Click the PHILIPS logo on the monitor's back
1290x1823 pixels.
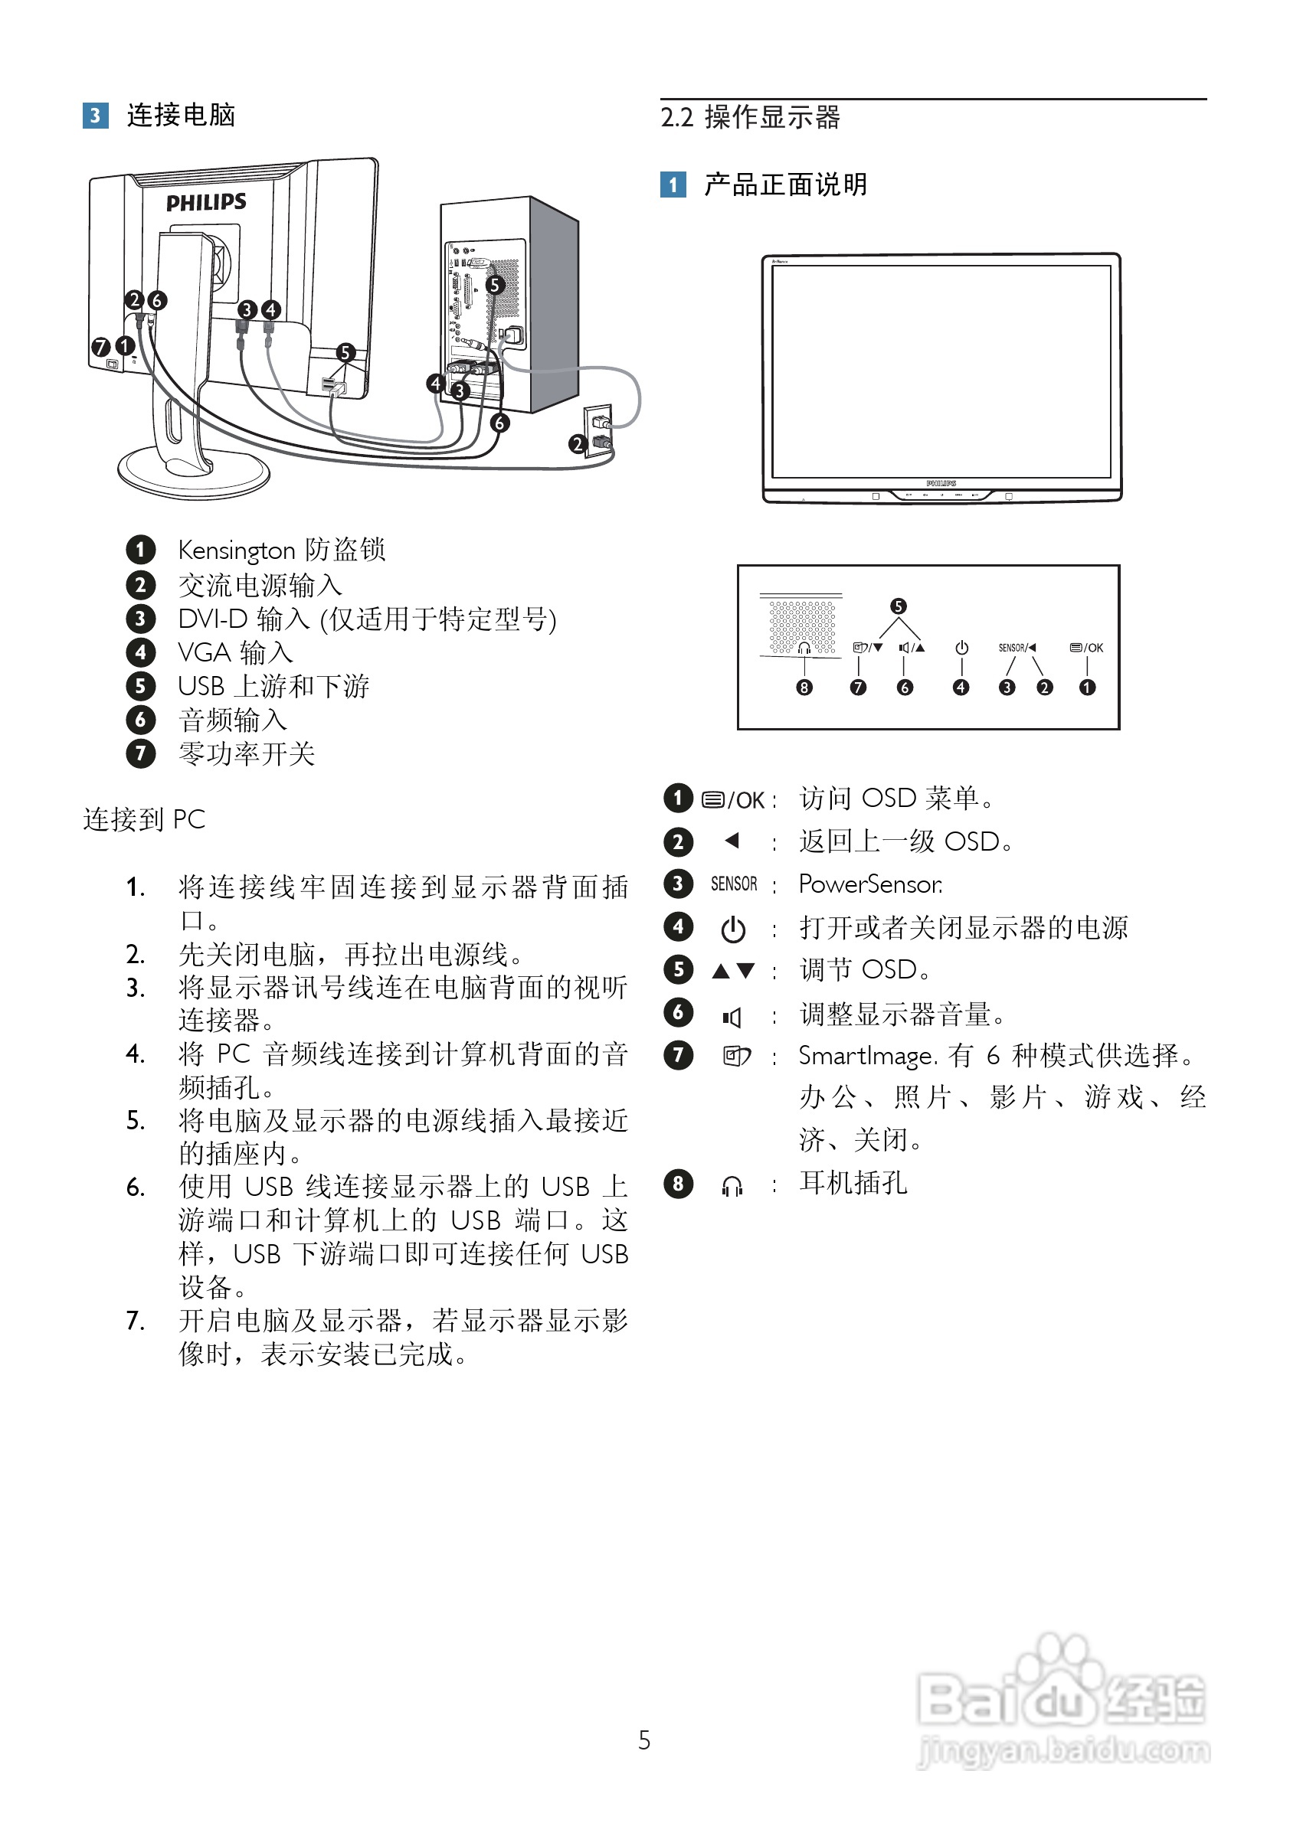click(206, 202)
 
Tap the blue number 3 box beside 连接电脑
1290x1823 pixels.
click(95, 116)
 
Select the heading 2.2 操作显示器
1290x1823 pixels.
click(750, 117)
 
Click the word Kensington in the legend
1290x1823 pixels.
click(236, 550)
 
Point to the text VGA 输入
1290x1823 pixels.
click(235, 652)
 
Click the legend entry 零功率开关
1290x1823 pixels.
click(246, 753)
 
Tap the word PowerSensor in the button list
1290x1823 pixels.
click(869, 884)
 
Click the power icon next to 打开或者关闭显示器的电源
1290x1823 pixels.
click(732, 929)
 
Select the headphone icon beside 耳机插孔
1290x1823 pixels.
click(732, 1186)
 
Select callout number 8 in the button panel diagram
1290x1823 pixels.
click(804, 688)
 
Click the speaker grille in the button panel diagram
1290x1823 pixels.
click(801, 624)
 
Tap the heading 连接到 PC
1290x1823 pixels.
click(144, 819)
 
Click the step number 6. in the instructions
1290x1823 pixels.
click(135, 1188)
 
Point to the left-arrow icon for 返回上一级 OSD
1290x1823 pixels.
click(732, 841)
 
